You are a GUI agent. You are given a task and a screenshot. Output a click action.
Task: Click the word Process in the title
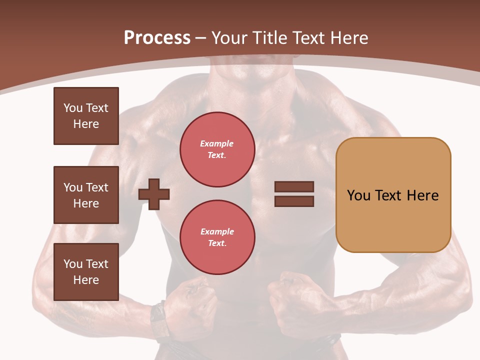pyautogui.click(x=157, y=38)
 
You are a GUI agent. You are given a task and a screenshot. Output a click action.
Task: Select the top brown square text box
pyautogui.click(x=86, y=116)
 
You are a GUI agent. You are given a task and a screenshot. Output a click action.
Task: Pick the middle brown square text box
pyautogui.click(x=86, y=195)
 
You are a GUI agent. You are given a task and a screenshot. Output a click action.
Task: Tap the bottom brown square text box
pyautogui.click(x=86, y=272)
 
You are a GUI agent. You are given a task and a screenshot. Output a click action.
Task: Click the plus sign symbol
pyautogui.click(x=154, y=194)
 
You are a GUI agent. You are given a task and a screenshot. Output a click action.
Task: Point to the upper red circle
pyautogui.click(x=217, y=149)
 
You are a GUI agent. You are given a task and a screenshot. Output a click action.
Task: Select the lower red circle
pyautogui.click(x=217, y=237)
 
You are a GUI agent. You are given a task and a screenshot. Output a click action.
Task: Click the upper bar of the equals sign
pyautogui.click(x=294, y=187)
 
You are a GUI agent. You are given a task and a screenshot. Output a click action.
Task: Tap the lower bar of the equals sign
pyautogui.click(x=294, y=201)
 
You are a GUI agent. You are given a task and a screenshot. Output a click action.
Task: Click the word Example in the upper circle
pyautogui.click(x=216, y=144)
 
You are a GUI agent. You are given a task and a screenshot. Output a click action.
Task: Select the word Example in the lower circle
pyautogui.click(x=217, y=231)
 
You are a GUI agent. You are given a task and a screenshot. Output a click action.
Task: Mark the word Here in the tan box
pyautogui.click(x=423, y=195)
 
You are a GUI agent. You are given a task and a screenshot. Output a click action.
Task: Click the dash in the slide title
pyautogui.click(x=201, y=38)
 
